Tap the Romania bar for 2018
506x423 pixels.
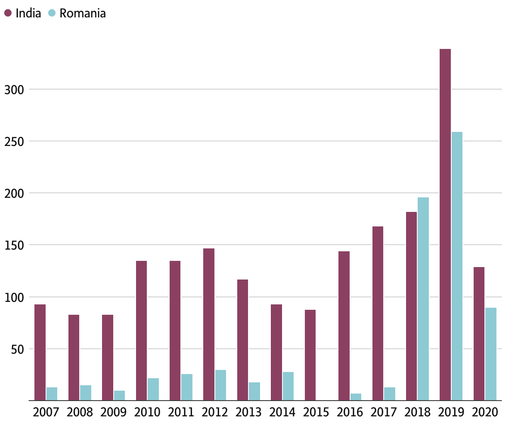(x=423, y=299)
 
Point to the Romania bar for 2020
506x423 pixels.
(x=491, y=354)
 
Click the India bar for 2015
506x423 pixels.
(x=310, y=355)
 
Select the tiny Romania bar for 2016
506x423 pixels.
(x=355, y=397)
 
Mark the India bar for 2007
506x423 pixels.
(x=40, y=352)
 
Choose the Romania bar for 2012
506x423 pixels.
(x=221, y=385)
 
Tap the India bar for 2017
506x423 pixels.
(x=378, y=314)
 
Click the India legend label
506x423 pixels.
(x=28, y=13)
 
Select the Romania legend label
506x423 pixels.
(x=83, y=13)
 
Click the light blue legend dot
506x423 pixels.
(x=52, y=13)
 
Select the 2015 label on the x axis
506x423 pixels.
(x=316, y=412)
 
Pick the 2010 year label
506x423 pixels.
(x=147, y=412)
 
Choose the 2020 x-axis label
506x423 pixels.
(x=485, y=412)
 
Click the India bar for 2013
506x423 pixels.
(x=243, y=340)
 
